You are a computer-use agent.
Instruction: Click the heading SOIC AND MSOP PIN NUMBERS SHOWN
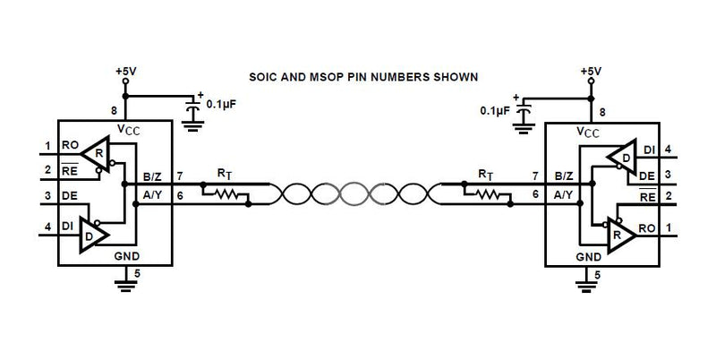click(363, 76)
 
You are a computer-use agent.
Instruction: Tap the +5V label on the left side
click(126, 69)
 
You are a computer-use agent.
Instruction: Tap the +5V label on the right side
click(590, 69)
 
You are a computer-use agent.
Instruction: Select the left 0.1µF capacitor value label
click(220, 103)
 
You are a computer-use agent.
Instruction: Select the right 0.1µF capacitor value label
click(495, 110)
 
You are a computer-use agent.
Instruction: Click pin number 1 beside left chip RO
click(46, 145)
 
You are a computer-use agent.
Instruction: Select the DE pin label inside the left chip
click(69, 196)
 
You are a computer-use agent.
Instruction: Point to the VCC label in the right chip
click(587, 131)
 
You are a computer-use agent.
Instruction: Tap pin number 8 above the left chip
click(114, 111)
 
